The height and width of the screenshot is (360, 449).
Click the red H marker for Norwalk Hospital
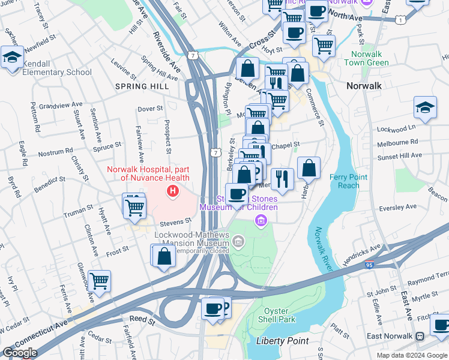(x=173, y=192)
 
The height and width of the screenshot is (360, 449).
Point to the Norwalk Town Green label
(x=370, y=58)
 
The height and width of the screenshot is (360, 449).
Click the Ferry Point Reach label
(x=345, y=181)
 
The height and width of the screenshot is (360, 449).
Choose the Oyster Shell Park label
(x=280, y=315)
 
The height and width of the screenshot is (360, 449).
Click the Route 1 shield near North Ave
(x=400, y=20)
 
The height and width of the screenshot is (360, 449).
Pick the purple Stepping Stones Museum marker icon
(x=261, y=221)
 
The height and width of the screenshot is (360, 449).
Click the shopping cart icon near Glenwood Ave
(x=99, y=280)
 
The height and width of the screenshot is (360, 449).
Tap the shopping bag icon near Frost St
(x=164, y=256)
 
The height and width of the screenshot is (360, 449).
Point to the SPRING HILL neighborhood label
(x=142, y=86)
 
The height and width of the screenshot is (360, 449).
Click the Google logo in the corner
(x=19, y=353)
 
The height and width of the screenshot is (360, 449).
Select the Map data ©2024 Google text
(x=411, y=355)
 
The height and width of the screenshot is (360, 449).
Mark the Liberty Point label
(x=282, y=341)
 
